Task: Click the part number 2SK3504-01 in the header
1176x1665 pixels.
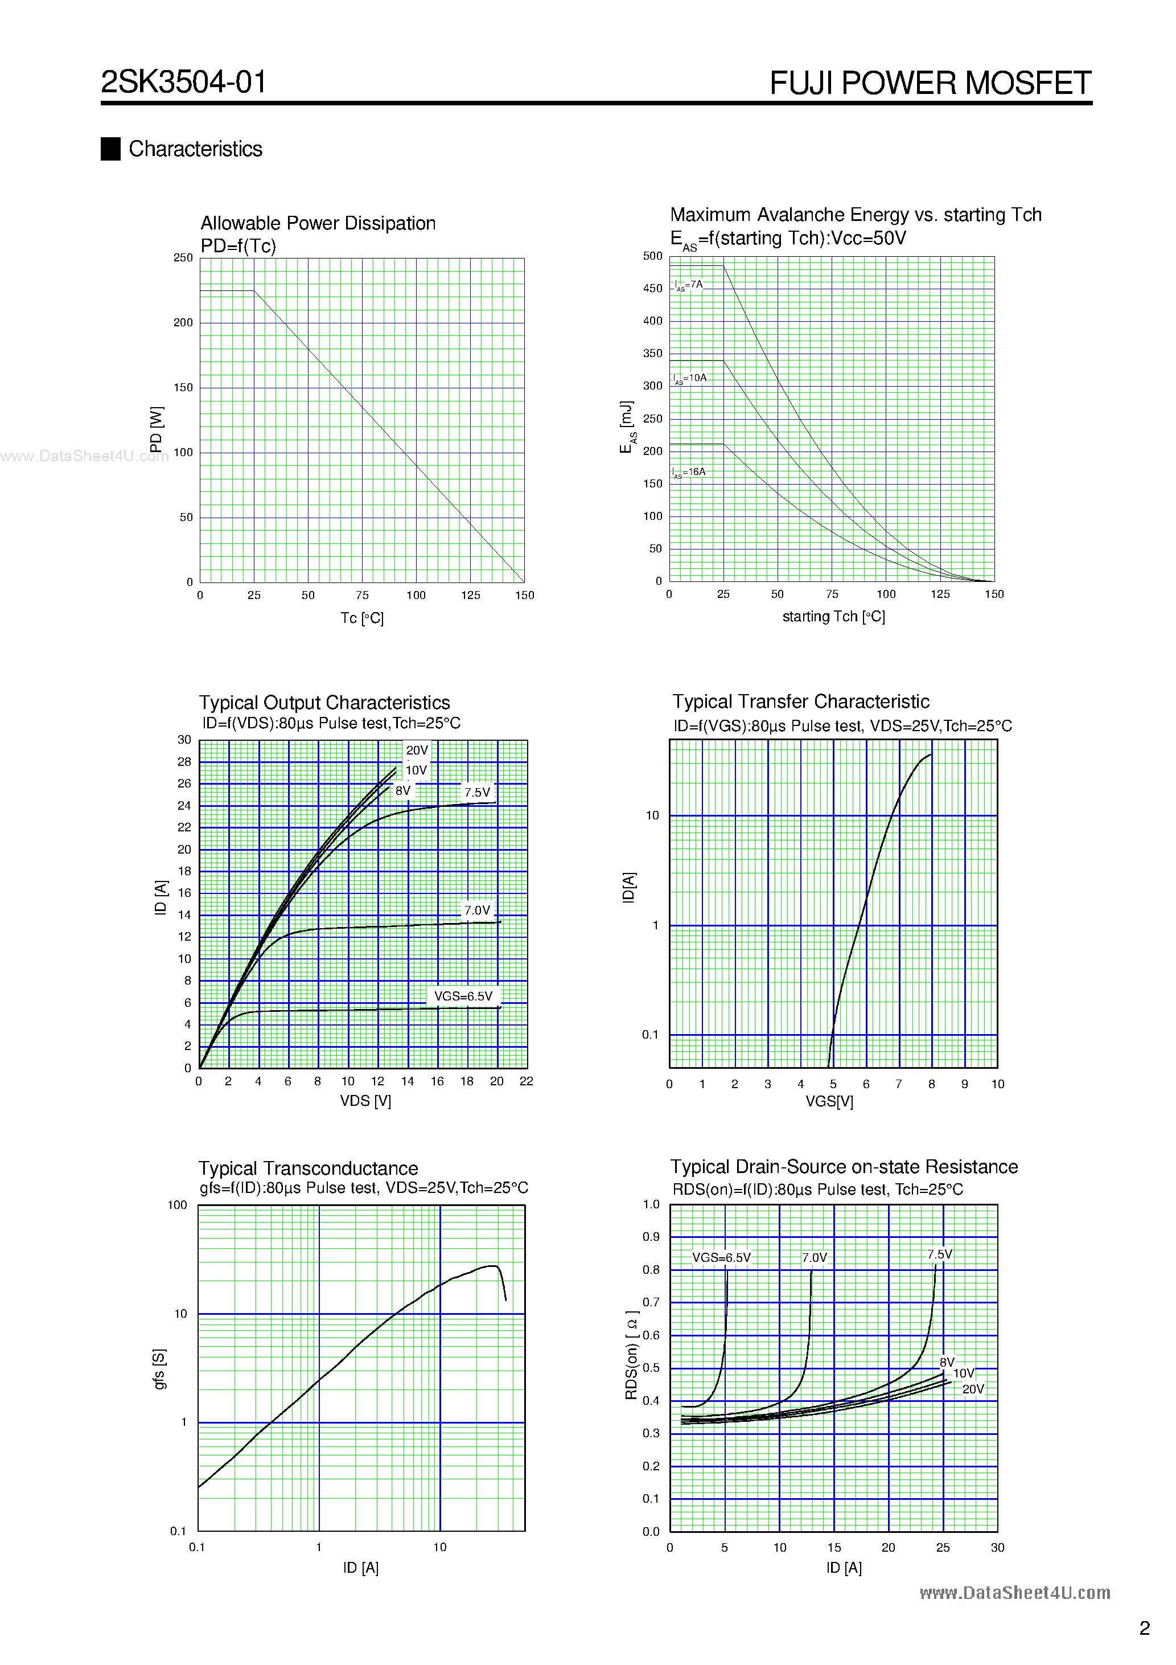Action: [x=183, y=82]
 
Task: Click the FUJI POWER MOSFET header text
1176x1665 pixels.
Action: [x=930, y=83]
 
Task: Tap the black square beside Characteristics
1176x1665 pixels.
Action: [x=110, y=149]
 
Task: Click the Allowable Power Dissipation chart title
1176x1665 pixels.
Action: [x=318, y=223]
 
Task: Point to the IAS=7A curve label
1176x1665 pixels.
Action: [x=688, y=285]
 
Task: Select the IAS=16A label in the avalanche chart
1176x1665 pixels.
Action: [x=688, y=472]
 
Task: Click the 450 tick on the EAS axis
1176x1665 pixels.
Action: [x=652, y=289]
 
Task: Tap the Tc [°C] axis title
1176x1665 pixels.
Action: [x=362, y=618]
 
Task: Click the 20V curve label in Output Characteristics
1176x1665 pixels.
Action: [x=417, y=751]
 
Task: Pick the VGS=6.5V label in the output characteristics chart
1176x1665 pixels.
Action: [x=463, y=996]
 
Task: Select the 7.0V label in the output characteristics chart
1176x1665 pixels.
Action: [x=477, y=910]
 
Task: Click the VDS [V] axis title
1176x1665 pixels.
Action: [x=365, y=1101]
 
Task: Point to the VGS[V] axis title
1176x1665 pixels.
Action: [x=829, y=1101]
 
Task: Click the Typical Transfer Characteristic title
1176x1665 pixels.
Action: [x=800, y=702]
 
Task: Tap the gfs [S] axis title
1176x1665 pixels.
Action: [x=159, y=1369]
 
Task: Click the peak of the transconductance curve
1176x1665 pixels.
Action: [x=493, y=1266]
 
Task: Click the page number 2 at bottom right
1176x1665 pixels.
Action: [x=1144, y=1628]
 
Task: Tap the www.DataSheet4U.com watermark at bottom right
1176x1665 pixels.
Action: [x=1014, y=1593]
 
